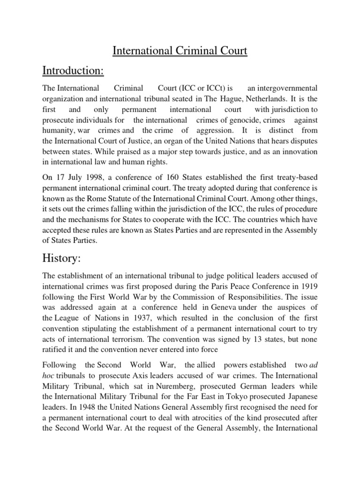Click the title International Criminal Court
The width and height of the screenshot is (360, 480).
point(180,51)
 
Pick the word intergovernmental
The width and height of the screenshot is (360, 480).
point(283,88)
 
